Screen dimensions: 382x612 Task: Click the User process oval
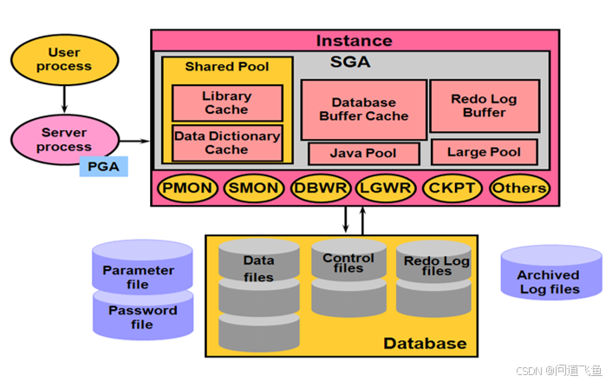click(x=64, y=59)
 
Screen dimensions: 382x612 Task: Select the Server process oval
click(x=64, y=140)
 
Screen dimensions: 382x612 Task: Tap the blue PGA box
click(x=103, y=166)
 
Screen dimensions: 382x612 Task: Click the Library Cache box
click(x=226, y=102)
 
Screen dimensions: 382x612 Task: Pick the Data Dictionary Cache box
click(x=226, y=142)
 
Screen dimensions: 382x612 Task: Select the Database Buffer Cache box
click(x=363, y=109)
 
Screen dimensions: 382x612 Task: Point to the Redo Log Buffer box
click(x=484, y=105)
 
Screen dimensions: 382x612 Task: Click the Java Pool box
click(x=363, y=154)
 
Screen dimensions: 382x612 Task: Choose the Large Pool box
click(x=484, y=152)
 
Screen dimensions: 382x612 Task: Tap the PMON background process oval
click(x=187, y=188)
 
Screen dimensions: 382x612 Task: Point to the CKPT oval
click(x=451, y=188)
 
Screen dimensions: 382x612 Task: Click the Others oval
click(x=519, y=188)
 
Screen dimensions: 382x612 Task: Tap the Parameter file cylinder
click(x=139, y=276)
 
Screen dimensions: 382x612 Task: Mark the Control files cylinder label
click(x=348, y=263)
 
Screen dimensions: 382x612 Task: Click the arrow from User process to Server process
click(x=64, y=98)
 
